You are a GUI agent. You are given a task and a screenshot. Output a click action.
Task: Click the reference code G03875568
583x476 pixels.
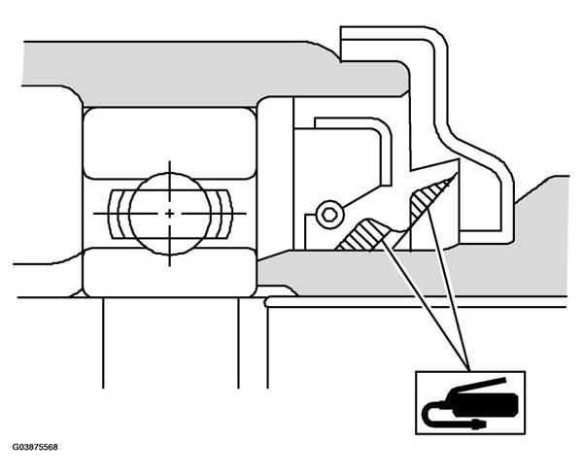[35, 447]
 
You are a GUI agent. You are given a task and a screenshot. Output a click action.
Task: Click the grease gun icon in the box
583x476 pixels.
[469, 404]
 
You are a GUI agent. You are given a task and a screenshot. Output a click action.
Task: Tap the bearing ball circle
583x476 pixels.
[170, 214]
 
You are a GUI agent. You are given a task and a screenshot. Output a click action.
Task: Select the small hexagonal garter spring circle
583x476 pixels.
[329, 215]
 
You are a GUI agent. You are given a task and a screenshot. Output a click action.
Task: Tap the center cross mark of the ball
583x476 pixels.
[169, 214]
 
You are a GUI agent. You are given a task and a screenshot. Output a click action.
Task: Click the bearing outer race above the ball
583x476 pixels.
[169, 143]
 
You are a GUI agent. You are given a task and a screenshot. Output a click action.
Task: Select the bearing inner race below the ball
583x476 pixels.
[169, 272]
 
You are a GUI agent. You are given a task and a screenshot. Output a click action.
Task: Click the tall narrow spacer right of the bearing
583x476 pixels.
[275, 178]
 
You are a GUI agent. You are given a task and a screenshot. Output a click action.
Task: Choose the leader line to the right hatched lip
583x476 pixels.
[448, 290]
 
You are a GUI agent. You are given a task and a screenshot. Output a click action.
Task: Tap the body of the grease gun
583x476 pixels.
[483, 403]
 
